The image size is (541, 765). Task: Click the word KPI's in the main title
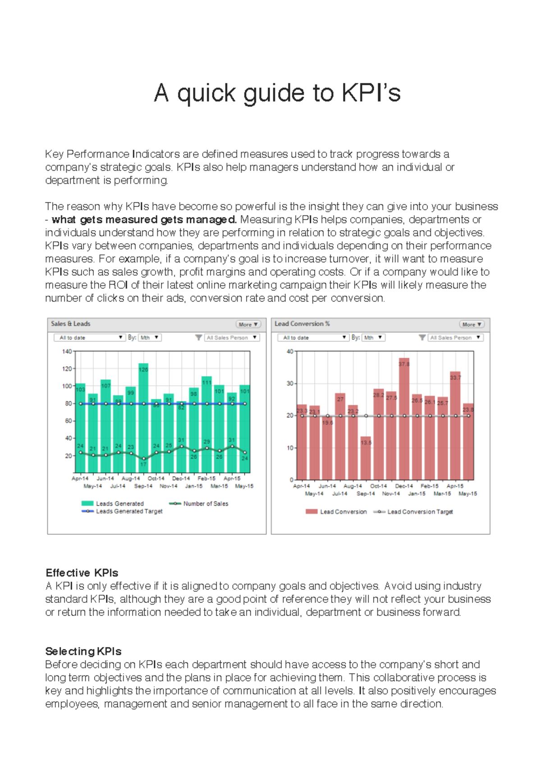point(371,93)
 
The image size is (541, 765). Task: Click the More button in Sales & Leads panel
point(248,324)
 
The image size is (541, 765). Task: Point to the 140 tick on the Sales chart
point(67,351)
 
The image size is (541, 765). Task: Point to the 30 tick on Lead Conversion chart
point(290,383)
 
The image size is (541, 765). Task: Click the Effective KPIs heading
point(82,573)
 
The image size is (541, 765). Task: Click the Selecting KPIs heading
point(83,651)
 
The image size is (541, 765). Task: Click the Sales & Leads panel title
point(70,323)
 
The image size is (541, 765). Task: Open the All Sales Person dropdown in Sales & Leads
point(232,337)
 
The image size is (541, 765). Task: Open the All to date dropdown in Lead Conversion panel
point(313,337)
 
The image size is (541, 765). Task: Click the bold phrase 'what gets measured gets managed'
point(144,219)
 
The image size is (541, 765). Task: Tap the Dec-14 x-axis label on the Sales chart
point(181,478)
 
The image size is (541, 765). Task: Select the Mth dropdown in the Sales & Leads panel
point(150,337)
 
